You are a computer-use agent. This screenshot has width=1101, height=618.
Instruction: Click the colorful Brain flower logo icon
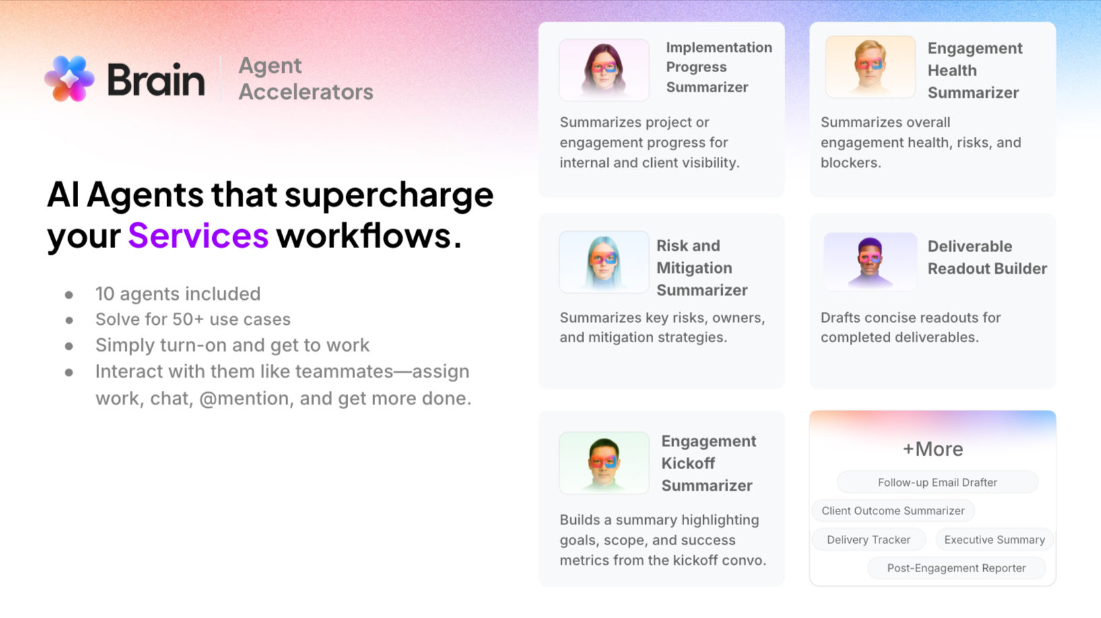pyautogui.click(x=69, y=79)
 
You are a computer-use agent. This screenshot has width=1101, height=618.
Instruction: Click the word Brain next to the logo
pyautogui.click(x=156, y=80)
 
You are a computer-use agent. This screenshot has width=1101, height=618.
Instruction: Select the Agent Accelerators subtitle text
pyautogui.click(x=305, y=79)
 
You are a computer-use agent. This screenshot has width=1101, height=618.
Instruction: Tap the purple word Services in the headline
pyautogui.click(x=198, y=235)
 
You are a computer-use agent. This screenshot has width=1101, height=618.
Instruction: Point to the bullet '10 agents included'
pyautogui.click(x=178, y=294)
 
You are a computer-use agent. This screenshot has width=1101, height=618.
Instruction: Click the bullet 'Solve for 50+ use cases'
pyautogui.click(x=193, y=319)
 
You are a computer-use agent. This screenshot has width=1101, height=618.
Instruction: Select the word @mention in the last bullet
pyautogui.click(x=246, y=398)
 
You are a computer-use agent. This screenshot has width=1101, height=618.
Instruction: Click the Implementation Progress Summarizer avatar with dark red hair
pyautogui.click(x=604, y=69)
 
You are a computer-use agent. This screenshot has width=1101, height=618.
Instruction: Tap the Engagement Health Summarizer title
pyautogui.click(x=974, y=70)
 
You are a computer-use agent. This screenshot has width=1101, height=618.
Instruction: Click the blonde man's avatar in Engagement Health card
pyautogui.click(x=870, y=67)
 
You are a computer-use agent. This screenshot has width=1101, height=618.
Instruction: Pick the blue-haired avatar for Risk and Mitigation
pyautogui.click(x=604, y=261)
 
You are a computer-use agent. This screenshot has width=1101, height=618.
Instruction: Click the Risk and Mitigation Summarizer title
pyautogui.click(x=701, y=268)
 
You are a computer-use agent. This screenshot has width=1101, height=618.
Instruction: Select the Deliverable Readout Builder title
pyautogui.click(x=987, y=257)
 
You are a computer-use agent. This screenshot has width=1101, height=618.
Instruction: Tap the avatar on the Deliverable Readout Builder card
pyautogui.click(x=870, y=261)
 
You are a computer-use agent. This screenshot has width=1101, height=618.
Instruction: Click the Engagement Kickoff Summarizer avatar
pyautogui.click(x=604, y=463)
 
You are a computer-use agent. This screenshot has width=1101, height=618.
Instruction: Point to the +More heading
pyautogui.click(x=933, y=449)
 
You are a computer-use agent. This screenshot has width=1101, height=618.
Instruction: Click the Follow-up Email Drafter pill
pyautogui.click(x=937, y=483)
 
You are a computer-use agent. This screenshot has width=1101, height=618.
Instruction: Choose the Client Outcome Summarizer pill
pyautogui.click(x=893, y=511)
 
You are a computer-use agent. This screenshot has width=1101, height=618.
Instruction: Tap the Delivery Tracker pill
pyautogui.click(x=868, y=540)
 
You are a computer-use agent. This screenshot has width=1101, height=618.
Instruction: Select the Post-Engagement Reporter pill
pyautogui.click(x=956, y=568)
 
